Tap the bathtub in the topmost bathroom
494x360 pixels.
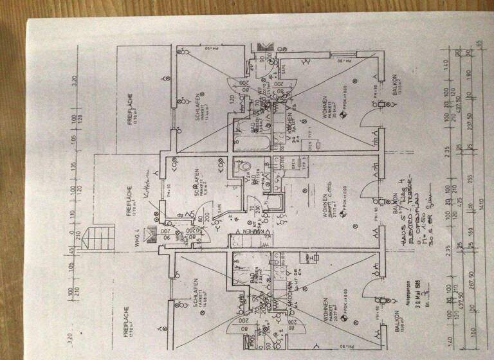(247, 136)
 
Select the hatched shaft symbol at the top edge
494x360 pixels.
(264, 48)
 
